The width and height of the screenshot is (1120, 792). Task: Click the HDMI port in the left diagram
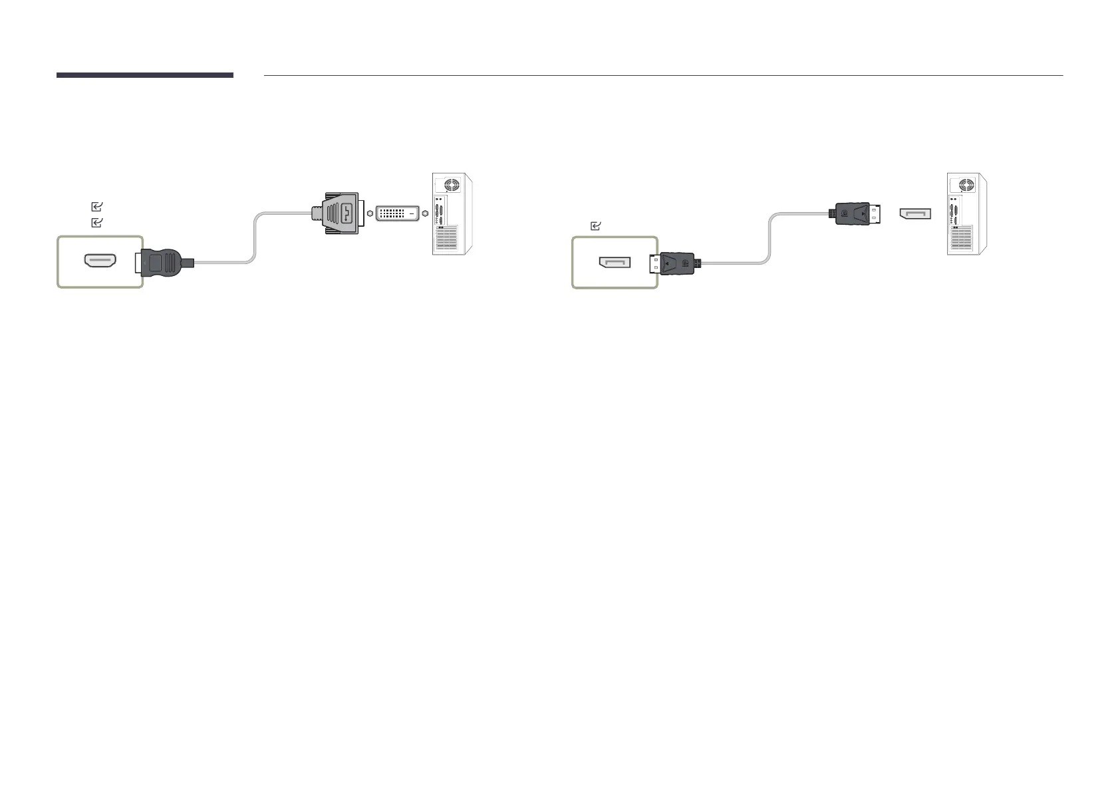[100, 261]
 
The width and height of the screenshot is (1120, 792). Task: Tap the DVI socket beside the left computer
[398, 213]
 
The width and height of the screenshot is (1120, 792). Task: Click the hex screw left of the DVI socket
[370, 213]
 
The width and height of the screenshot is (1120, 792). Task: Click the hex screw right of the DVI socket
[425, 213]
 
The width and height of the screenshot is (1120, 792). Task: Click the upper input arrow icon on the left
[96, 207]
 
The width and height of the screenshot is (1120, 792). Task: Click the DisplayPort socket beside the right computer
[915, 213]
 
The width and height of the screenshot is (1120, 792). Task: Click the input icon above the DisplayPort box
[596, 227]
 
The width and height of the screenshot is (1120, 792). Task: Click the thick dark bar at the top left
[144, 75]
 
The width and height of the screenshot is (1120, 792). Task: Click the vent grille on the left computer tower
[446, 239]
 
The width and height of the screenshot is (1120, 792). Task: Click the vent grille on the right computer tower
[960, 239]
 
